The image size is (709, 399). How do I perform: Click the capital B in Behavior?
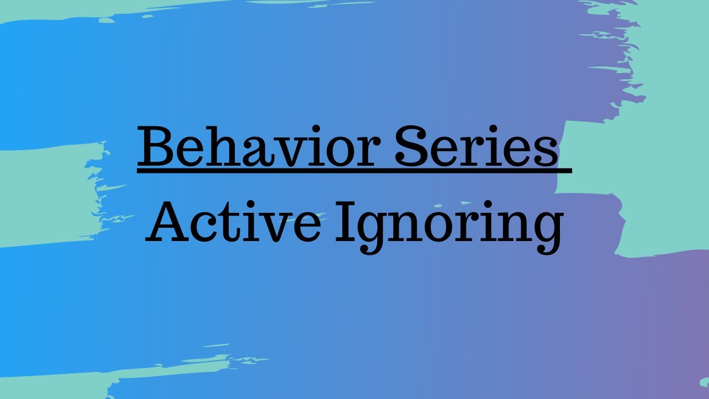click(x=155, y=147)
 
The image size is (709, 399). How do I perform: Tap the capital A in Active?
click(x=168, y=222)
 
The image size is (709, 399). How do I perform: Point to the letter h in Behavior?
click(x=213, y=147)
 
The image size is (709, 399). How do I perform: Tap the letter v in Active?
click(x=275, y=227)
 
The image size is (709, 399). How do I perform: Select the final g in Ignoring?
click(x=543, y=232)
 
